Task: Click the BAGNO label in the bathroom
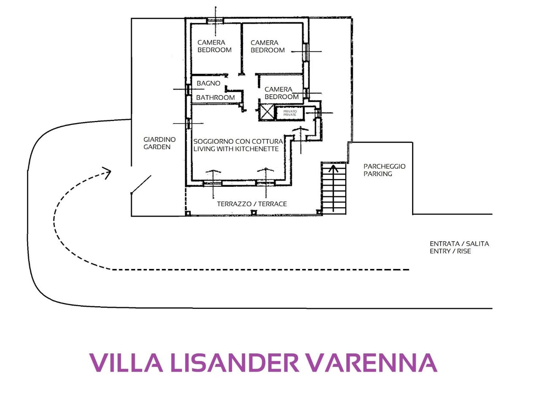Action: pos(208,83)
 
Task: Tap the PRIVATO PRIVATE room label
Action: pos(290,113)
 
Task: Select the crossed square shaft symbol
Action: pos(266,112)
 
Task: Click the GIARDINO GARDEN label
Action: pos(160,143)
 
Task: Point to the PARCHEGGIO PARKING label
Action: pos(384,170)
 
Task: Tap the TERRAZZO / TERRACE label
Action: pos(252,204)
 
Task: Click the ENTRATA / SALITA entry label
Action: pos(459,244)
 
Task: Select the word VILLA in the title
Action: pos(126,363)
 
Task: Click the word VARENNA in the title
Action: pos(371,363)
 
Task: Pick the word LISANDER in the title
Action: pos(234,363)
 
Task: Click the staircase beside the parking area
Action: pos(334,188)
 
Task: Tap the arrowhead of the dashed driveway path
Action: pos(107,173)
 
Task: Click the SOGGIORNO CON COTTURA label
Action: pos(238,141)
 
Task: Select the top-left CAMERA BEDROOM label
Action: pos(214,46)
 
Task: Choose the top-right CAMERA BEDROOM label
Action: pos(268,46)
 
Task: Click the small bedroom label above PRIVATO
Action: pos(282,93)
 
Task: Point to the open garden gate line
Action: pos(141,185)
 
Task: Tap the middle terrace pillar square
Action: pos(254,212)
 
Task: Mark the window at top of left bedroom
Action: pos(215,21)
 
